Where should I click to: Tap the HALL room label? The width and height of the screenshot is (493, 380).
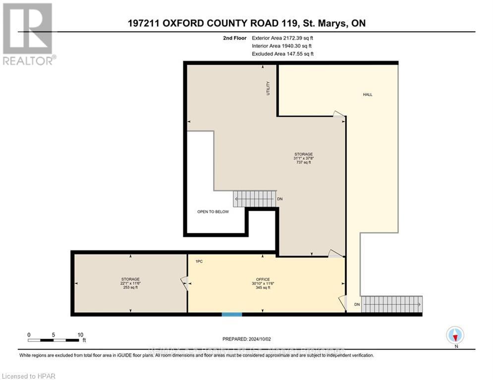click(x=367, y=95)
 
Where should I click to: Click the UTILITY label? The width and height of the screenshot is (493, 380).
click(x=268, y=88)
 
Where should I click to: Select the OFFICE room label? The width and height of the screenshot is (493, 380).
click(x=263, y=279)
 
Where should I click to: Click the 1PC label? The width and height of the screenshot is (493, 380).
click(x=199, y=260)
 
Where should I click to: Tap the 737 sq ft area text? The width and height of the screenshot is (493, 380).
click(x=303, y=162)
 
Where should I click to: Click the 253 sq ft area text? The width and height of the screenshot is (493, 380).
click(x=130, y=287)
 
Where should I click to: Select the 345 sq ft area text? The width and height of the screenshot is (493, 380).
click(x=263, y=287)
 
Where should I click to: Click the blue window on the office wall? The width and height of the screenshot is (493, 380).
click(x=232, y=314)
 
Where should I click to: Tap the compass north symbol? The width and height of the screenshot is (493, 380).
click(x=454, y=335)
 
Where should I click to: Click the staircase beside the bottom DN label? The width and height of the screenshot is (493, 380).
click(x=391, y=304)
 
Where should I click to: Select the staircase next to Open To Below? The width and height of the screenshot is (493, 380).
click(x=254, y=199)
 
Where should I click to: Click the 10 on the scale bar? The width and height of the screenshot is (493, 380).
click(x=80, y=334)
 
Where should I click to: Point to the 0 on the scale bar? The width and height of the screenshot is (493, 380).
click(x=29, y=334)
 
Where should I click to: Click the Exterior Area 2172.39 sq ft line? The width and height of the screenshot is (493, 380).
click(x=282, y=38)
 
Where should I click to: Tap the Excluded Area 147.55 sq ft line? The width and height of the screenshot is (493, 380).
click(x=282, y=53)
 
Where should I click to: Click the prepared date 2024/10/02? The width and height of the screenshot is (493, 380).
click(x=247, y=339)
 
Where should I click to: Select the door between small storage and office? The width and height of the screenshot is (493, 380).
click(x=184, y=284)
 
